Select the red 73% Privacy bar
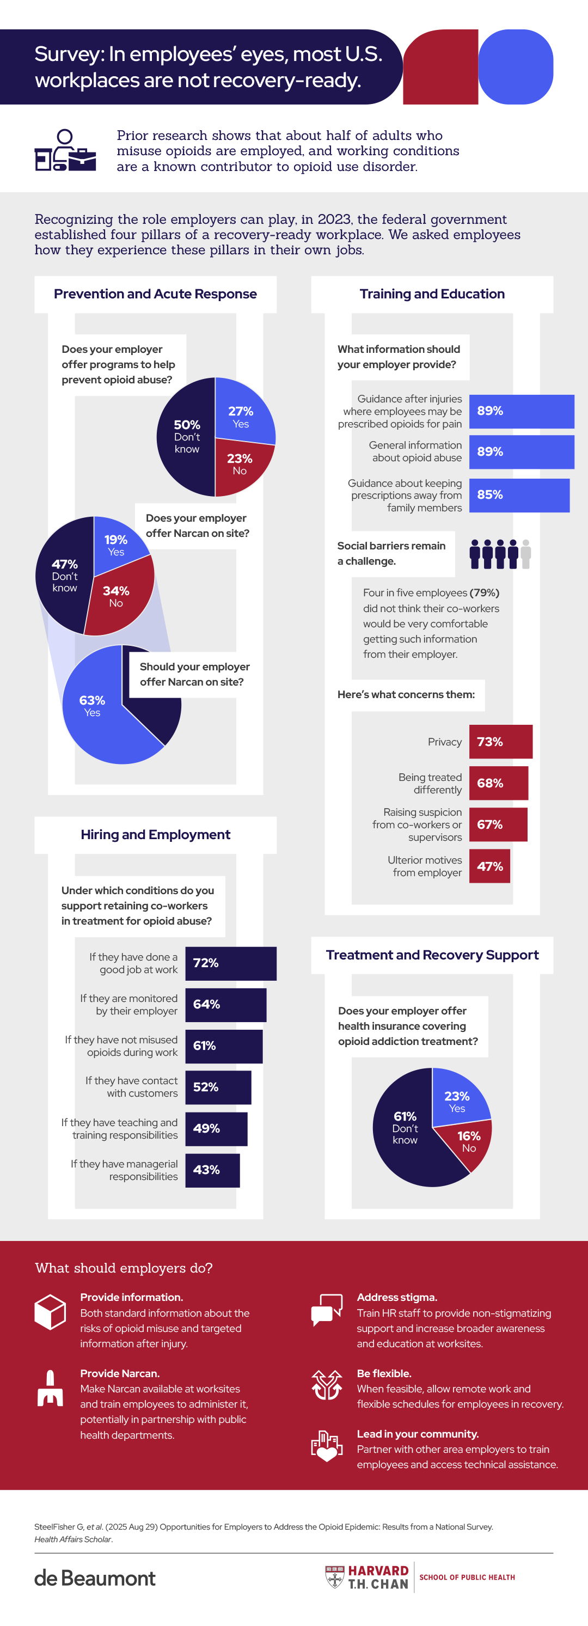tap(500, 742)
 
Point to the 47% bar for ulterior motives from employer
tap(489, 866)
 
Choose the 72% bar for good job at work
tap(230, 963)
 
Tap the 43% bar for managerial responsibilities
tap(212, 1170)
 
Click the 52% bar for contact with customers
tap(218, 1087)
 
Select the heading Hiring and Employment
tap(155, 834)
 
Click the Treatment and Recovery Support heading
tap(432, 955)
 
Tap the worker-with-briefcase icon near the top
tap(65, 151)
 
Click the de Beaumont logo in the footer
tap(95, 1578)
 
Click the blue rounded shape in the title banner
tap(516, 67)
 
